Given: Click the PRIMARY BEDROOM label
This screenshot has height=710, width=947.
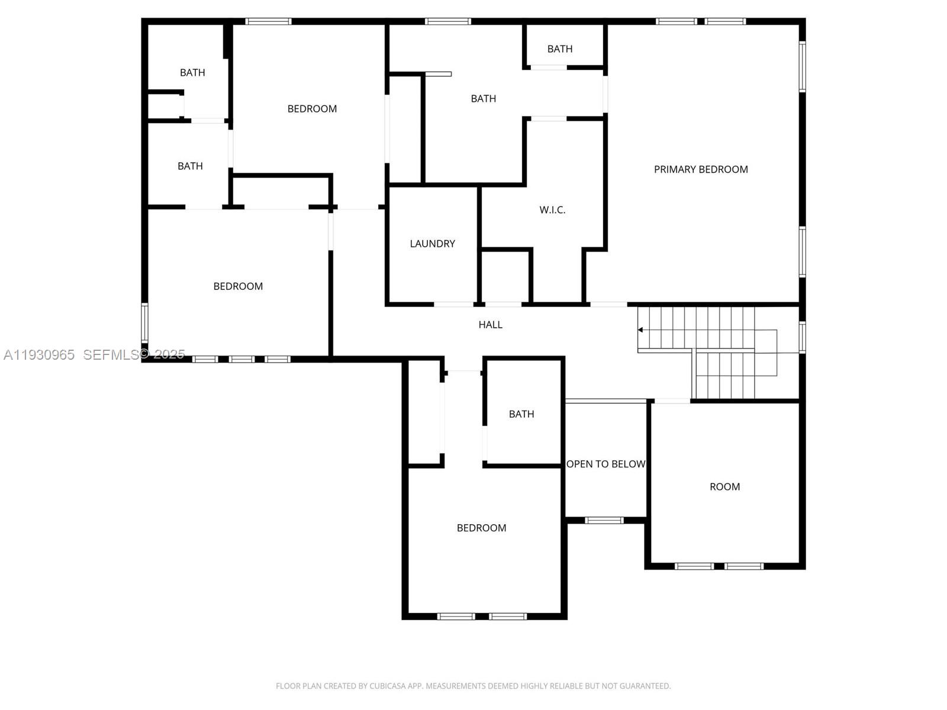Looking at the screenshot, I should click(x=701, y=170).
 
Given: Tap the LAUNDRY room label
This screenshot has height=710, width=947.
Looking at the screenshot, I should click(x=432, y=244).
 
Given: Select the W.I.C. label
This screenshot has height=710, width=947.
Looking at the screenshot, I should click(x=552, y=210).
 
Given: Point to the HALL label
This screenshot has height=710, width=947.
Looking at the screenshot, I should click(x=490, y=325).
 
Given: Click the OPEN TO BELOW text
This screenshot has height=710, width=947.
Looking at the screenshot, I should click(x=605, y=464).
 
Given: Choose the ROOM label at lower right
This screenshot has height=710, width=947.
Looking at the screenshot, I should click(x=724, y=487).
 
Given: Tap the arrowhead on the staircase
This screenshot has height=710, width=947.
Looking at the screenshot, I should click(x=640, y=330).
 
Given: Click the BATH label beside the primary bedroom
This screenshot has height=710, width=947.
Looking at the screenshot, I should click(x=559, y=49).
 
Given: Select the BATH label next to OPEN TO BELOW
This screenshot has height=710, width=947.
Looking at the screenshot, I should click(x=521, y=414).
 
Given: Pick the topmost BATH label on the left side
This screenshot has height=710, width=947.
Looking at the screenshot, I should click(x=192, y=73).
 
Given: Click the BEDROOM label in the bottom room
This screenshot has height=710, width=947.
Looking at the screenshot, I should click(x=481, y=528).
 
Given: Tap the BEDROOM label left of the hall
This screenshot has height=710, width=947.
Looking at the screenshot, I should click(x=238, y=286).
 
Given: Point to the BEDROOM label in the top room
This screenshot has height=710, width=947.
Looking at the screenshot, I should click(x=312, y=109).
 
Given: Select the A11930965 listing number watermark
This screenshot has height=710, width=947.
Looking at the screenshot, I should click(x=39, y=354).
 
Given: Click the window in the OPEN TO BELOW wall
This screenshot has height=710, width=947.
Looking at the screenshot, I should click(x=604, y=521).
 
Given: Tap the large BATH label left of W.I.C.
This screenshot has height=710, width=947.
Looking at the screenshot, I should click(x=483, y=99).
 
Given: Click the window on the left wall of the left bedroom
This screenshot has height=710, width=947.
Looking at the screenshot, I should click(x=144, y=323).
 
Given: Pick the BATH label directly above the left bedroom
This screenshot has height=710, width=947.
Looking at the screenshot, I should click(x=190, y=166).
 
